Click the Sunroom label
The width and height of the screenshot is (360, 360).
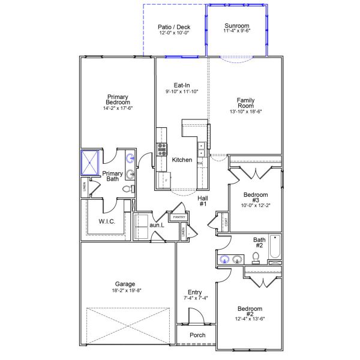click(236, 26)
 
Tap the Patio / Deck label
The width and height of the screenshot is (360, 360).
click(173, 27)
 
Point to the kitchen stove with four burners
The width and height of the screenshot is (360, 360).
click(161, 149)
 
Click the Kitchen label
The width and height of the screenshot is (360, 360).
click(182, 160)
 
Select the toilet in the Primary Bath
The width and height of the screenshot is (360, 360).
click(128, 188)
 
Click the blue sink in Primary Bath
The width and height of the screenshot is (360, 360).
click(130, 159)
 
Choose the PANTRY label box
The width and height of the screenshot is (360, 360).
click(179, 218)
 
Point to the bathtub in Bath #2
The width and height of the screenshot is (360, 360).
click(275, 248)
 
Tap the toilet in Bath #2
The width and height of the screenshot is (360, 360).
click(256, 257)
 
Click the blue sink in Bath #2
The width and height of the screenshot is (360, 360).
click(224, 260)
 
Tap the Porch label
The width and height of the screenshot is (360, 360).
click(197, 335)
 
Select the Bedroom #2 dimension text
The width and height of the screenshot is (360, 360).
click(250, 319)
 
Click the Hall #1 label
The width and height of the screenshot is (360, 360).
click(203, 201)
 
